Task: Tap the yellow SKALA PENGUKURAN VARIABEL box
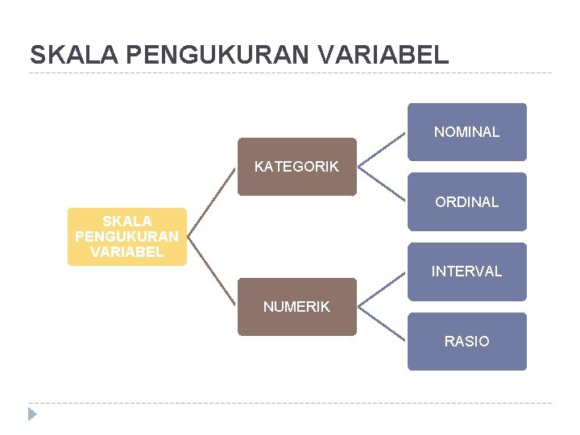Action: pos(126,236)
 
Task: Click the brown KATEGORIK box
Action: pos(296,167)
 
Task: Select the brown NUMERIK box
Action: pos(296,306)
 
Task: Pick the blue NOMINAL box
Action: pos(466,132)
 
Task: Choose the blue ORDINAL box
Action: pos(466,201)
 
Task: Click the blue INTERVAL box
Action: pos(466,271)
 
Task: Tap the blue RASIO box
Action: pos(466,342)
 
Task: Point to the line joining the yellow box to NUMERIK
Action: pos(213,271)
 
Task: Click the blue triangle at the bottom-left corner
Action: pos(32,415)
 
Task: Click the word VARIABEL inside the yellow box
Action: pos(126,252)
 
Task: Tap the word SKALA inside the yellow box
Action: pos(126,221)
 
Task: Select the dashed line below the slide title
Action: pos(290,73)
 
